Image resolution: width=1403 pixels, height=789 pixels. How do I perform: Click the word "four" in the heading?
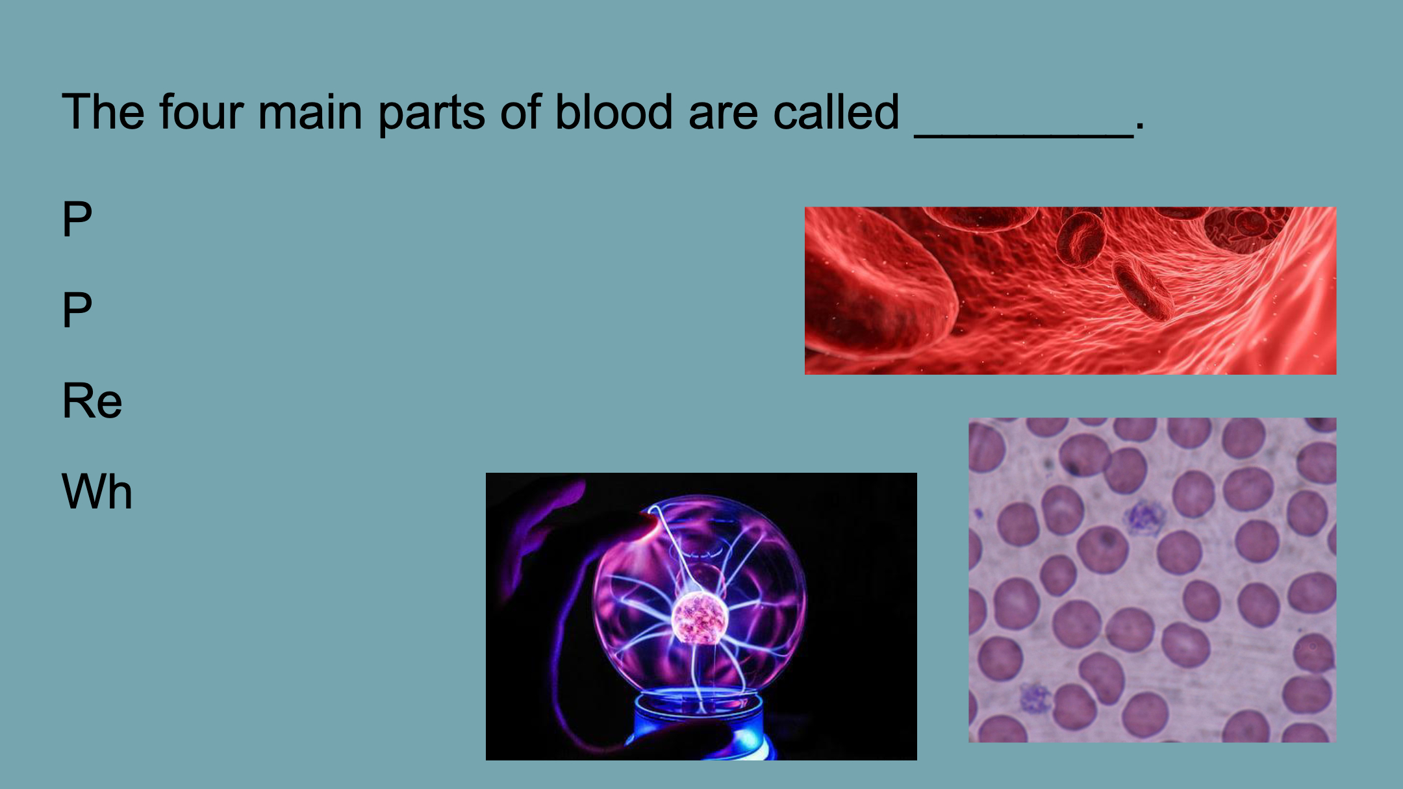coord(201,112)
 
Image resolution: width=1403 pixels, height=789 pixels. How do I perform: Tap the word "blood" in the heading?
coord(614,112)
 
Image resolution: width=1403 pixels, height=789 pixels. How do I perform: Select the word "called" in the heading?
coord(836,112)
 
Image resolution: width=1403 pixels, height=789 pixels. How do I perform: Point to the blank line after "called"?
coord(1024,136)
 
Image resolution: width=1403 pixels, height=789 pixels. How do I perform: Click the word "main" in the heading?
coord(310,112)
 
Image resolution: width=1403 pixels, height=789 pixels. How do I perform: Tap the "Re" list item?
coord(92,400)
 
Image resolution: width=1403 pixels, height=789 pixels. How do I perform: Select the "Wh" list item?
coord(97,491)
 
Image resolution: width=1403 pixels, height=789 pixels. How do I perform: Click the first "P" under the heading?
coord(77,218)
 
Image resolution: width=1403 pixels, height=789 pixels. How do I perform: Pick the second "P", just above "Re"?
coord(77,309)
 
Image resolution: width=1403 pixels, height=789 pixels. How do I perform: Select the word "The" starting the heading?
coord(103,112)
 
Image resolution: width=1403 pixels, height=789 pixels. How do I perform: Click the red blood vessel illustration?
coord(1070,290)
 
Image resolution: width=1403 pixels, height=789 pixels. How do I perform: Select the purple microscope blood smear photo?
coord(1152,580)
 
